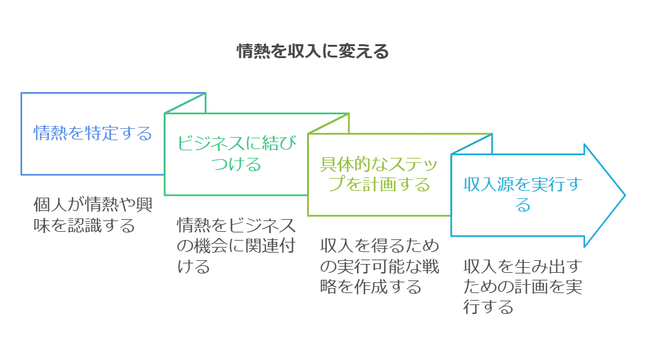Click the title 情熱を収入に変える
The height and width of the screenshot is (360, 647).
(x=313, y=52)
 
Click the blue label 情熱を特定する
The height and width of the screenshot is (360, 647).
(x=93, y=133)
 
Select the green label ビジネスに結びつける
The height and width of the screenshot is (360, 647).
(x=236, y=154)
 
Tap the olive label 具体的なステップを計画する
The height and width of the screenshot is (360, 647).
(x=379, y=174)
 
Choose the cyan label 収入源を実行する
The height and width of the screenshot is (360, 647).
(x=523, y=195)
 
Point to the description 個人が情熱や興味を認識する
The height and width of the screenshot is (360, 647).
(x=93, y=215)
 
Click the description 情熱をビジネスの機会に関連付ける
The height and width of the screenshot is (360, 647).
(x=236, y=246)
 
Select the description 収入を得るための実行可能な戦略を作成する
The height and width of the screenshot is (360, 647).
(x=380, y=266)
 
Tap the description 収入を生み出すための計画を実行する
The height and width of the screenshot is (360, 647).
(x=523, y=287)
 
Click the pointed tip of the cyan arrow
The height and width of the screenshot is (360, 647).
(x=625, y=195)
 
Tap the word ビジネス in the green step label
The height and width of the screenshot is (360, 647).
(x=211, y=143)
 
